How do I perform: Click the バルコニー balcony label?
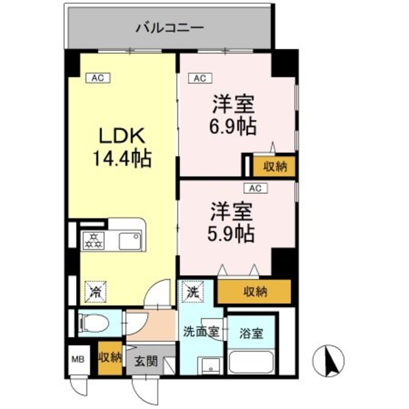[x=169, y=28]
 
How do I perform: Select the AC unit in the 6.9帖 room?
[x=200, y=78]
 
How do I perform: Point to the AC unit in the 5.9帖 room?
[x=255, y=188]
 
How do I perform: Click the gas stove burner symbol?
[x=93, y=240]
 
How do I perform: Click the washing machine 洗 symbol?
[x=191, y=292]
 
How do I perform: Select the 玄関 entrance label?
[x=146, y=362]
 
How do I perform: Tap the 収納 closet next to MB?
[x=110, y=358]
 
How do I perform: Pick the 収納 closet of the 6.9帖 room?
[x=274, y=166]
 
